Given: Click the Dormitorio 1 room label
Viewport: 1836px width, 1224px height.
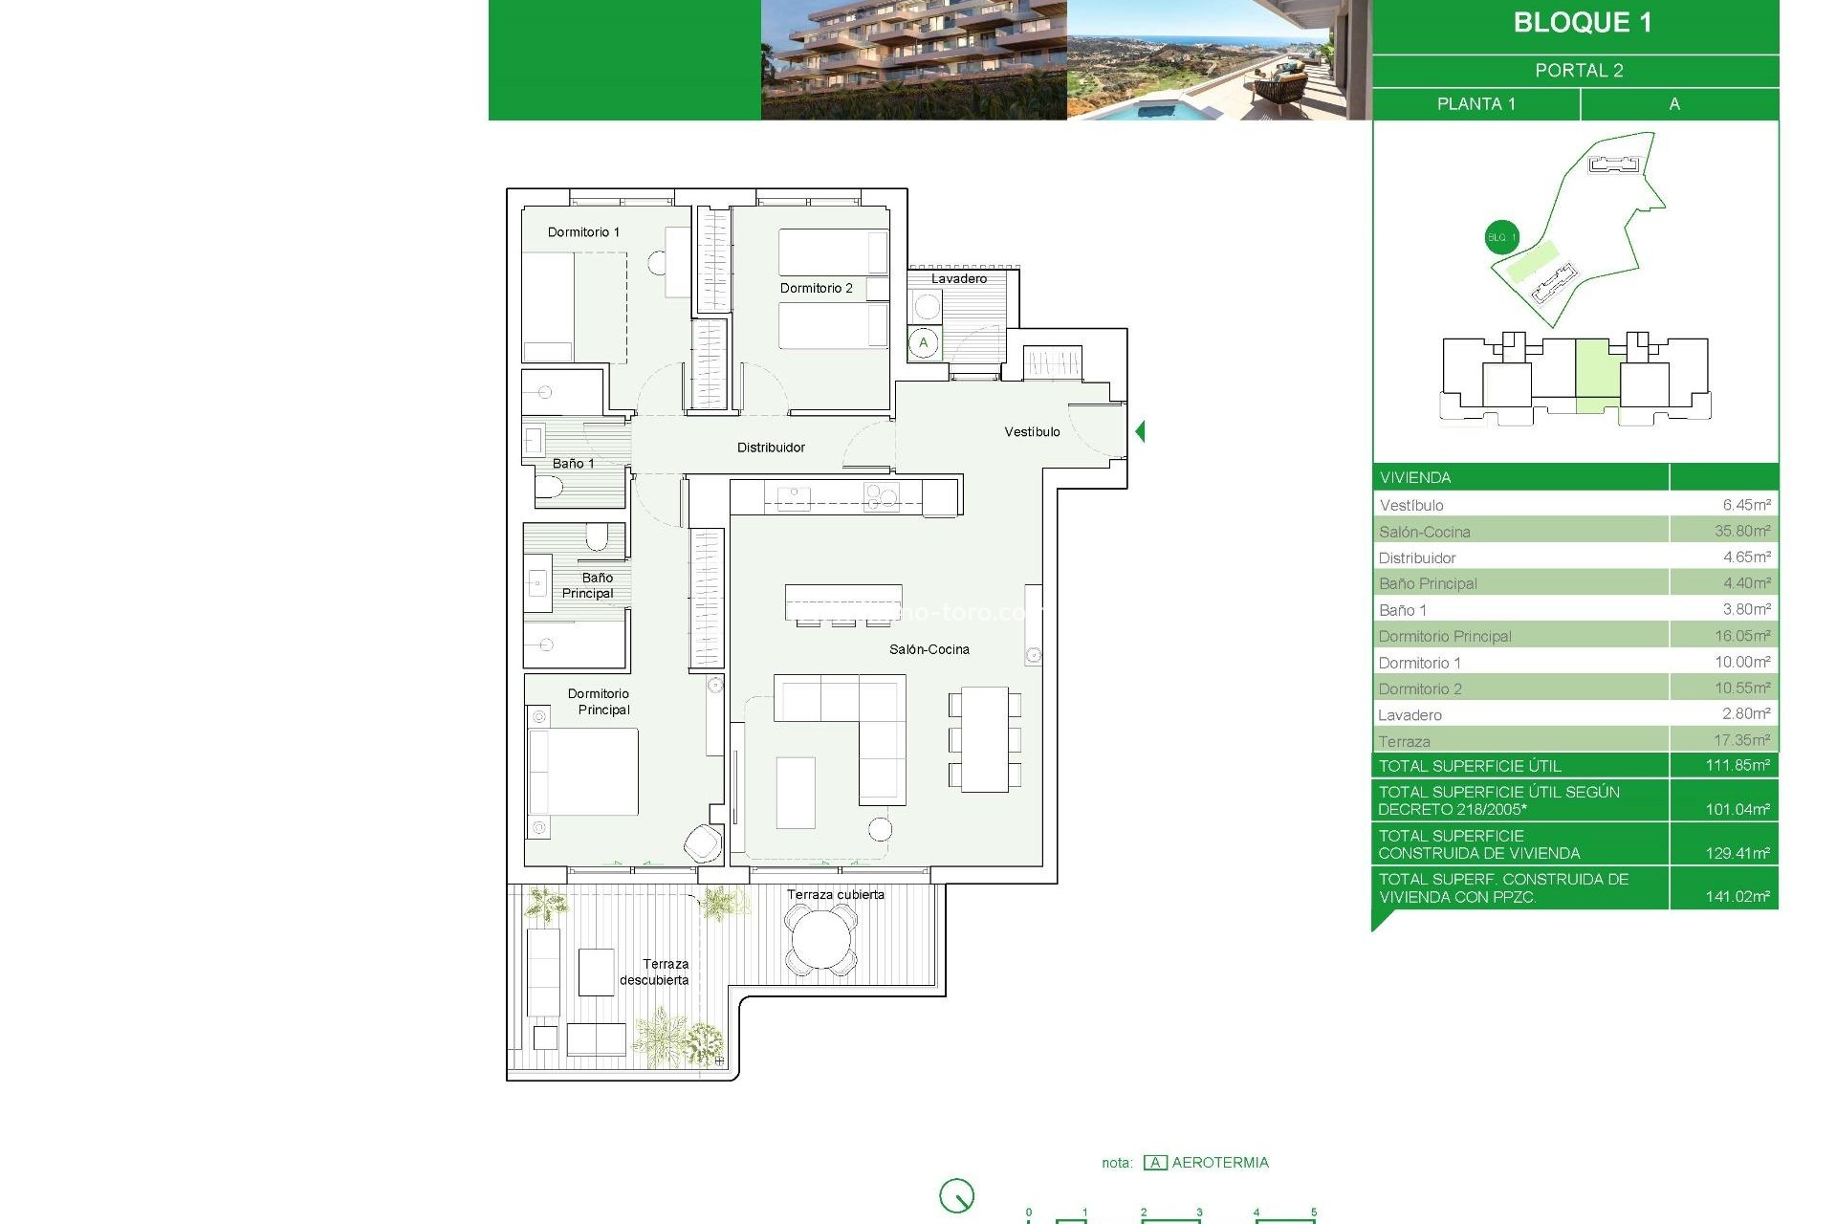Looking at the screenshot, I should tap(583, 232).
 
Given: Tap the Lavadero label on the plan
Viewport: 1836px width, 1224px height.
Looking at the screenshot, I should tap(959, 279).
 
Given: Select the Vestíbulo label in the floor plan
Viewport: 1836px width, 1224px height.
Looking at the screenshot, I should tap(1032, 432).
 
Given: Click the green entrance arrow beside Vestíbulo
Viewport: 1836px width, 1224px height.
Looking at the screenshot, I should tap(1140, 431).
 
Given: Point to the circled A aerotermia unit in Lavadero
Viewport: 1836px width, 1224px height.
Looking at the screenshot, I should tap(923, 343).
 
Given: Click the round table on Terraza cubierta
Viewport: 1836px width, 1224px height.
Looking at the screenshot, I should tap(820, 940).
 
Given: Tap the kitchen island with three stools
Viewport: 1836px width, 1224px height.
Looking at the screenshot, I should tap(843, 602).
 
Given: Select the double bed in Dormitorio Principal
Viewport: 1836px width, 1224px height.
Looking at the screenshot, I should tap(583, 773).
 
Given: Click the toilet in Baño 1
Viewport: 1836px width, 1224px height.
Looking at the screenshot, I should tap(548, 490).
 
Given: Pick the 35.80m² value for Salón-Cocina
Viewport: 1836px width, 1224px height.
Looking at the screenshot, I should tap(1741, 531).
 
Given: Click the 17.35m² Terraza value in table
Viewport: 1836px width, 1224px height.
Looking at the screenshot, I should tap(1740, 740).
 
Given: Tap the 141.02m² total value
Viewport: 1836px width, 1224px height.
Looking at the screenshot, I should tap(1737, 897).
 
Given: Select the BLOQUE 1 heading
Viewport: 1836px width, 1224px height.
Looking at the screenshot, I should tap(1582, 23).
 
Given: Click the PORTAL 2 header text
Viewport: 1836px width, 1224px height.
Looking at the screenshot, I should tap(1579, 71).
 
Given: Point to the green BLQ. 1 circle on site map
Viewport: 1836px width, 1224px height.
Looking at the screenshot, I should tap(1501, 237).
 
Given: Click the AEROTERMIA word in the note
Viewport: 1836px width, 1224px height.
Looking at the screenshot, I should tap(1220, 1163).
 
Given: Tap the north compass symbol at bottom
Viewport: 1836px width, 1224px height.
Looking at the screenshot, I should tap(956, 1195).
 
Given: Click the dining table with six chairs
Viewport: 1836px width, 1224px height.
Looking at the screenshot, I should tap(985, 739).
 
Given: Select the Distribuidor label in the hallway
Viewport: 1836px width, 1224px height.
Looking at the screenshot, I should tap(771, 448).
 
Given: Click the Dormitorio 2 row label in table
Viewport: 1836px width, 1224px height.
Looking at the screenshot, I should tap(1420, 688).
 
